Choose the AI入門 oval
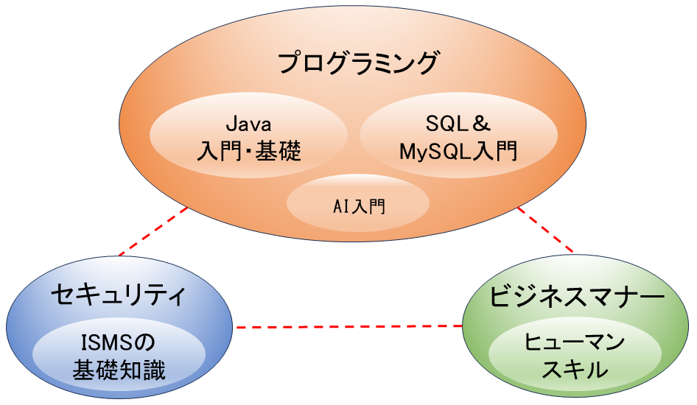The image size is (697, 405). pos(359,205)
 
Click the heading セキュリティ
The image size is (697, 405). pos(117,296)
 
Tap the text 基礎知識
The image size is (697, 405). pos(119,369)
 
